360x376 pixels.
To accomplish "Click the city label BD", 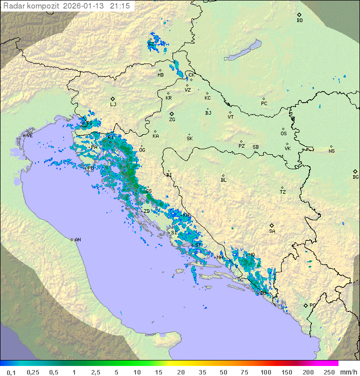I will coord(299,21).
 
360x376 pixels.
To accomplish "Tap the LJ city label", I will coord(113,105).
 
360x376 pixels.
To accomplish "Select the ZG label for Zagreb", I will coord(172,120).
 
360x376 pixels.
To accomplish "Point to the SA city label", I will coord(272,231).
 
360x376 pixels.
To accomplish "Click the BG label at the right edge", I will coord(355,177).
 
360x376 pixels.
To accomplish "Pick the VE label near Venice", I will coord(29,136).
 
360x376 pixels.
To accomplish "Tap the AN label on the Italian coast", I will coord(77,240).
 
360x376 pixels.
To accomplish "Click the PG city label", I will coord(312,305).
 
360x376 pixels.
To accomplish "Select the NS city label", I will coord(331,151).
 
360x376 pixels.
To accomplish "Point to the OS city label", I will coord(283,134).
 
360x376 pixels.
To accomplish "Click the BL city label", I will coord(223,180).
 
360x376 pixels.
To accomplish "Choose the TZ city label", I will coord(283,192).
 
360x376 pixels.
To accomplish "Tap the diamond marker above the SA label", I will coord(272,225).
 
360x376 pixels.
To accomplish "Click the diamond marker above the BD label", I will coord(299,15).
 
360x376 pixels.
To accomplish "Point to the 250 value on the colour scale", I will coord(329,372).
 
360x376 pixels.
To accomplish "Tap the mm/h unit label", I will coord(348,372).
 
